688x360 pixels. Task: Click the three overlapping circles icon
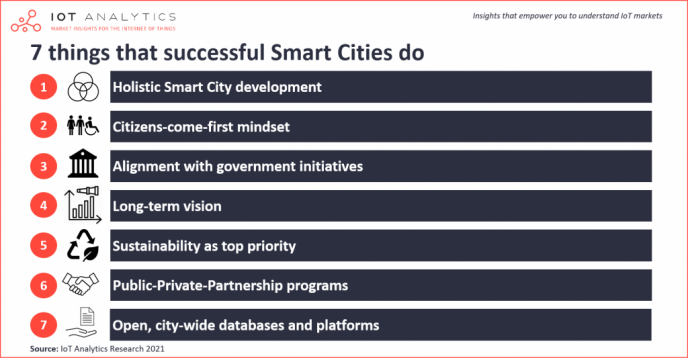coord(83,89)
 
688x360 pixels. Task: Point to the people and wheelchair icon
coord(83,127)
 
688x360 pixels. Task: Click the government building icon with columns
coord(83,166)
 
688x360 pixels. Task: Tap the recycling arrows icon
coord(83,246)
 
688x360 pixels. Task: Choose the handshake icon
coord(83,285)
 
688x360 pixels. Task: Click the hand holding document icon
coord(83,323)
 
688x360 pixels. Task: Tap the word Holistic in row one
coord(140,87)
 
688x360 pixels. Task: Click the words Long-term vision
coord(166,206)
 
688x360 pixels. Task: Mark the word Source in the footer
coord(43,349)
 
